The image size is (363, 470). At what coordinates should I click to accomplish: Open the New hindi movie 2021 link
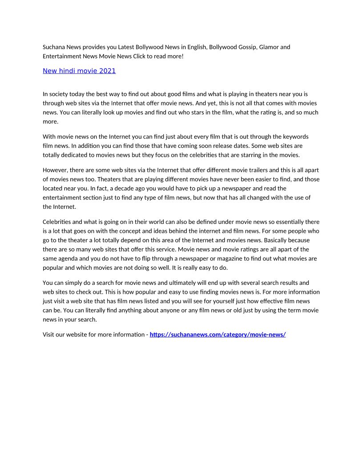pos(79,71)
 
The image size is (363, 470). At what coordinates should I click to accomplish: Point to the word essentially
pos(288,222)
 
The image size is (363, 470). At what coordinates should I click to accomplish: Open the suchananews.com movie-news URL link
pos(218,335)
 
